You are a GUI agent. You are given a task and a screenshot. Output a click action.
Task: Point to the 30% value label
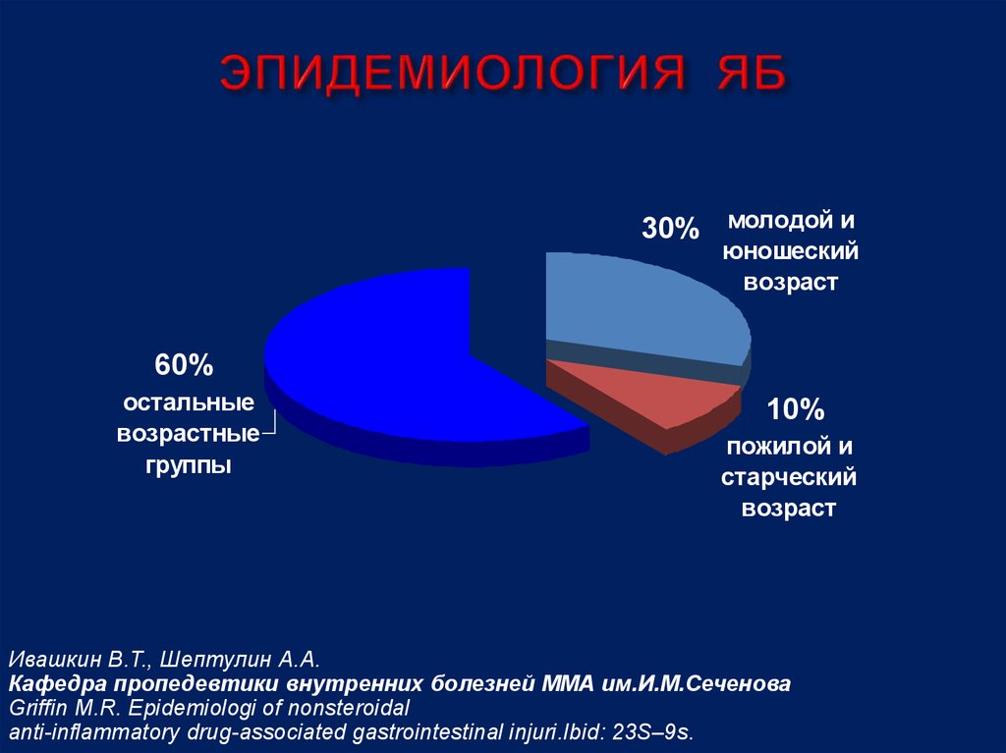(x=670, y=230)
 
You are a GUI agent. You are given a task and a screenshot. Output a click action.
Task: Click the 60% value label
(x=183, y=366)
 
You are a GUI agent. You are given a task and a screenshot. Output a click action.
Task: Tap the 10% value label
(x=796, y=409)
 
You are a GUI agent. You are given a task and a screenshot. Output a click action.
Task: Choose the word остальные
(x=188, y=403)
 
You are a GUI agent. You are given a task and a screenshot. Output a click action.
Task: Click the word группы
(x=190, y=465)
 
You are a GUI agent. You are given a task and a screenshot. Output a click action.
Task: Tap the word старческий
(x=790, y=477)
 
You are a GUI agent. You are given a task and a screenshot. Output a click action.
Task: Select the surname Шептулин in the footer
(x=207, y=658)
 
